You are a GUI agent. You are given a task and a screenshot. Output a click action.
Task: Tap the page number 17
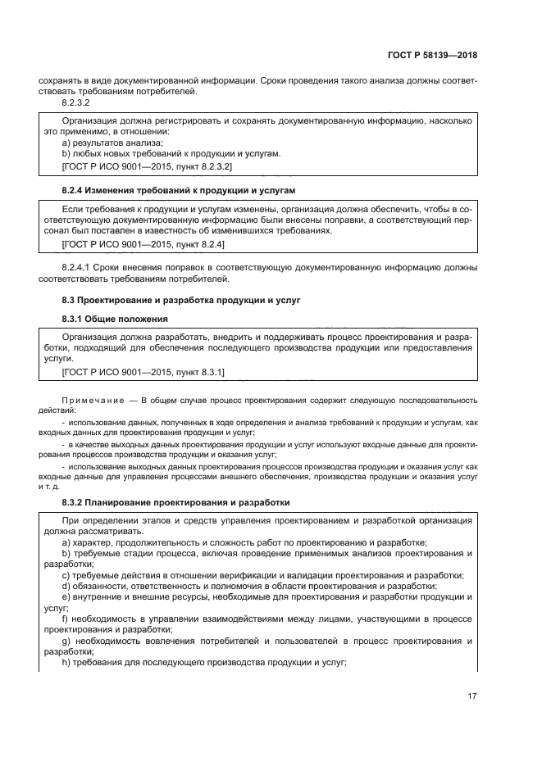pyautogui.click(x=471, y=696)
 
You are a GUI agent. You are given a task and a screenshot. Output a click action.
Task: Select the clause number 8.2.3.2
pyautogui.click(x=75, y=103)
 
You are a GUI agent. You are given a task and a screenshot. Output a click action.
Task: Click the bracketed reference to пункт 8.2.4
pyautogui.click(x=143, y=244)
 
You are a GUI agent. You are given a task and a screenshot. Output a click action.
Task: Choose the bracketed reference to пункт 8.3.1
pyautogui.click(x=143, y=373)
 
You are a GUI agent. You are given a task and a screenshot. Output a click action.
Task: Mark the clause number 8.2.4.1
pyautogui.click(x=79, y=268)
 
